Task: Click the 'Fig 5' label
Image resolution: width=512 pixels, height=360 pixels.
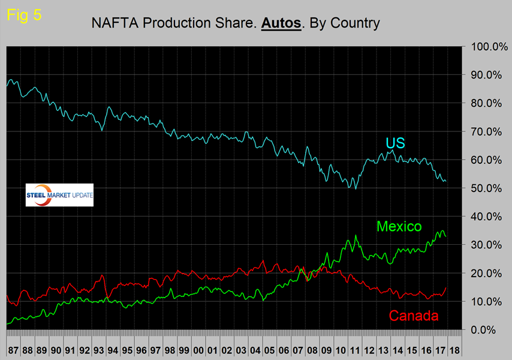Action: click(x=24, y=15)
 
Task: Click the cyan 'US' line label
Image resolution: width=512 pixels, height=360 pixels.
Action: click(x=396, y=143)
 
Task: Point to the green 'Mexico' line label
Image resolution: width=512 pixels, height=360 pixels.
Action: click(x=399, y=226)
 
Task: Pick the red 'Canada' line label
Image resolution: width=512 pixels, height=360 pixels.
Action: click(x=414, y=316)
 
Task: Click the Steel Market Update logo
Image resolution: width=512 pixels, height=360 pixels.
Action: click(x=59, y=195)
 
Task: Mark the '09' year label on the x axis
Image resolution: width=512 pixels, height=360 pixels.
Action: click(x=327, y=349)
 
